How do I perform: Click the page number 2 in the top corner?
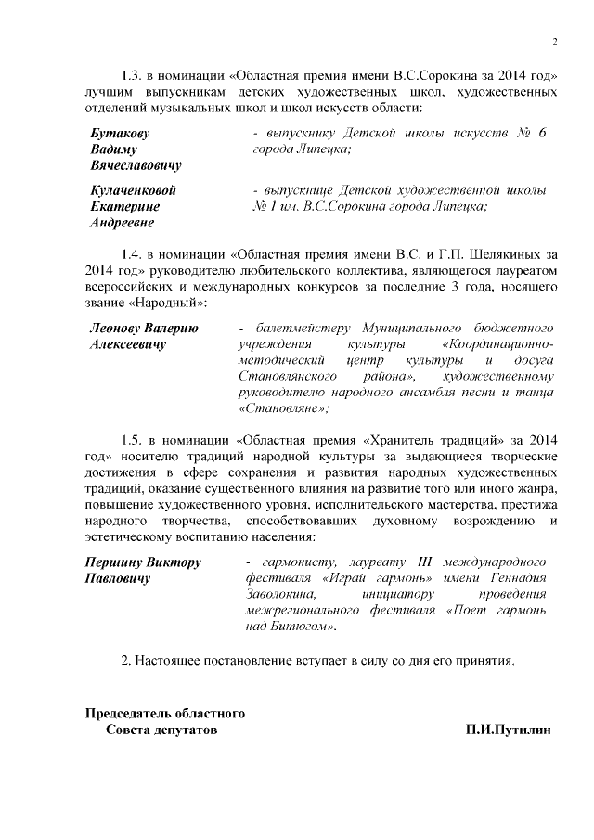(553, 42)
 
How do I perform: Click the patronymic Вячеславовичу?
(136, 165)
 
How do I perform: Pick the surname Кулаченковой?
(133, 191)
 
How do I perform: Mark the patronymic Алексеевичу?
(127, 344)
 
